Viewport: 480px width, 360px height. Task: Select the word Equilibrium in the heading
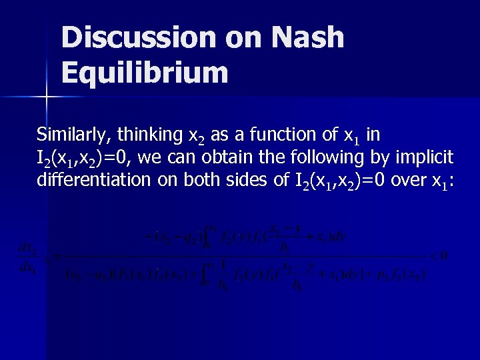point(145,72)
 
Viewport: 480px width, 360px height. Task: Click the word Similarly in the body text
point(75,135)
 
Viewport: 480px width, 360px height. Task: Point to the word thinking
point(151,135)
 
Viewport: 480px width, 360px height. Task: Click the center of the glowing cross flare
point(46,97)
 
